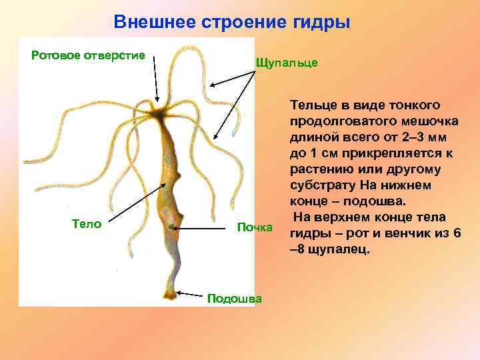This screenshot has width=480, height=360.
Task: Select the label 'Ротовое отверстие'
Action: pos(89,55)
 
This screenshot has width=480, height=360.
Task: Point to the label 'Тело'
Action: pos(86,223)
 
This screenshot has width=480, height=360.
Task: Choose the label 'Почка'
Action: pos(255,228)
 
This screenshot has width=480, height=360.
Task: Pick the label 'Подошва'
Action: pos(235,298)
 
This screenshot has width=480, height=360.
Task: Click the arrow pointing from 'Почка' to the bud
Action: pos(203,228)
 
